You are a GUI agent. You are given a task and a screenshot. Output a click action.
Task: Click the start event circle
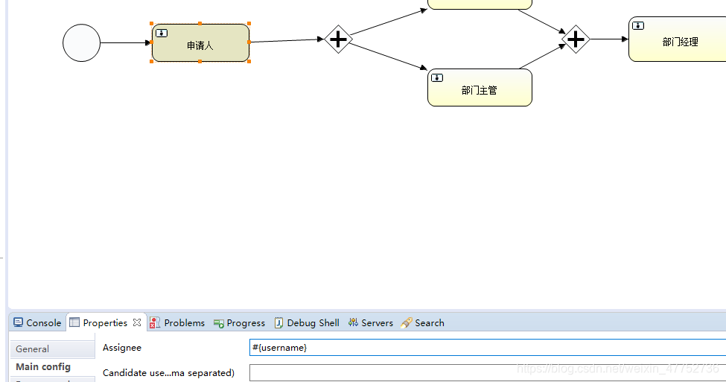tap(81, 42)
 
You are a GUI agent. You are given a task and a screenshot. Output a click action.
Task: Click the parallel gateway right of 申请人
tap(338, 39)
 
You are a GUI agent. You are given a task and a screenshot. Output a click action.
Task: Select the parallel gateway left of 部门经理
tap(576, 39)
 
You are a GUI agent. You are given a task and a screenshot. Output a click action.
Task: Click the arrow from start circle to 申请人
tap(125, 42)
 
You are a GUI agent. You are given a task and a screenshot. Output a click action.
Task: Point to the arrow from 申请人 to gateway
tap(287, 40)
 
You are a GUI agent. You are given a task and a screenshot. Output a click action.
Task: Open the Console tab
tap(37, 322)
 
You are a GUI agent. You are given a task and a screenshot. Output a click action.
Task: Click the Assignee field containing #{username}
tap(484, 348)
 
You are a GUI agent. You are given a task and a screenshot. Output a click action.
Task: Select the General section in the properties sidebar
tap(33, 348)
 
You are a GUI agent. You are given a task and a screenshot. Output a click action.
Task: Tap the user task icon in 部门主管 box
tap(437, 77)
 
